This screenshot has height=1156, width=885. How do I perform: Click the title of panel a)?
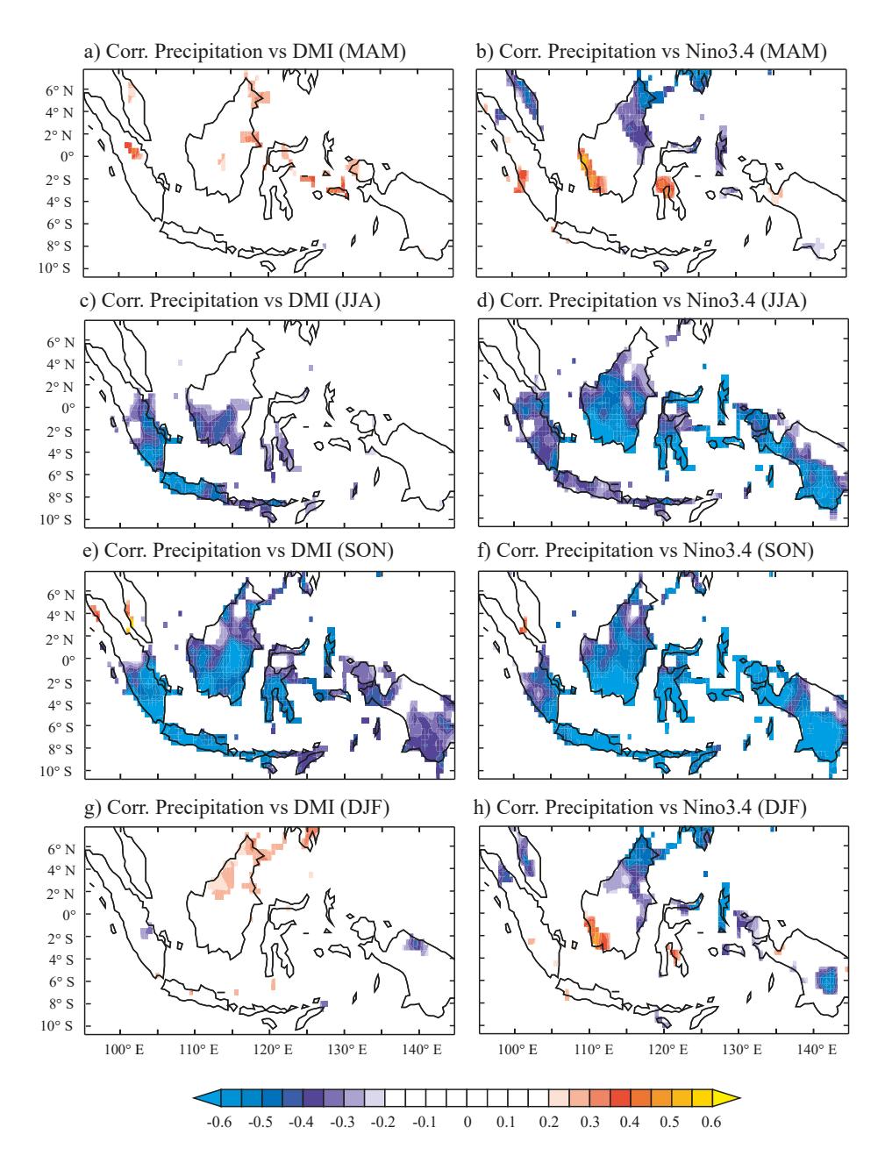tap(245, 52)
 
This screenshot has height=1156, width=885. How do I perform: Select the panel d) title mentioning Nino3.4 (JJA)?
tap(641, 301)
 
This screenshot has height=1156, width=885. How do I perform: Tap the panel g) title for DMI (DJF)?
tap(237, 807)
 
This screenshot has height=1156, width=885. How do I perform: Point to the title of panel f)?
tap(646, 551)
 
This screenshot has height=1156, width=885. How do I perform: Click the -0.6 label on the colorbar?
tap(219, 1122)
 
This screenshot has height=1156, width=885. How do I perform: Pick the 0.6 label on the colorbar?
tap(711, 1122)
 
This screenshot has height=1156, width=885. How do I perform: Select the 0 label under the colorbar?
tap(467, 1122)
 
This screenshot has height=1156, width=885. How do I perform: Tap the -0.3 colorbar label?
tap(342, 1122)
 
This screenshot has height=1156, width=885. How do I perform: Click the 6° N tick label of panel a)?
tap(59, 91)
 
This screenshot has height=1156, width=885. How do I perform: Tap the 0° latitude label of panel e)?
tap(68, 660)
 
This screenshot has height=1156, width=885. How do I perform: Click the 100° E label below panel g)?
tap(124, 1050)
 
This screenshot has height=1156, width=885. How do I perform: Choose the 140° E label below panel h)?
tap(817, 1050)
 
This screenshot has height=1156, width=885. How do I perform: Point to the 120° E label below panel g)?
tap(273, 1050)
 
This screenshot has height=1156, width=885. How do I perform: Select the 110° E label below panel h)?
tap(593, 1050)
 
